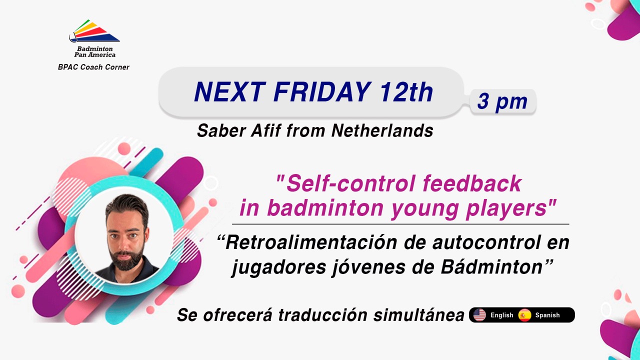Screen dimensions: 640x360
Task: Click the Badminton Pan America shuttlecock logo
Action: click(94, 31)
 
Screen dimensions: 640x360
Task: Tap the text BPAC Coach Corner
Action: click(93, 67)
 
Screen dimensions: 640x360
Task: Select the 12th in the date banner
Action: click(406, 91)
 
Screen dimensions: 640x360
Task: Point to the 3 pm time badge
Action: click(502, 101)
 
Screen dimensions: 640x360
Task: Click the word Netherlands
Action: click(382, 131)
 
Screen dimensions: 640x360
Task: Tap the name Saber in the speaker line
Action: click(221, 131)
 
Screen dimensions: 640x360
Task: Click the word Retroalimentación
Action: click(311, 242)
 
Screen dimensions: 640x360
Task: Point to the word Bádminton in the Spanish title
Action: click(491, 267)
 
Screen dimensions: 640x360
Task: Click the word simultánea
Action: click(419, 315)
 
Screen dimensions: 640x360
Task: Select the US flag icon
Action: click(479, 315)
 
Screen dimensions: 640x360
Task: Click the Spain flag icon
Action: click(524, 315)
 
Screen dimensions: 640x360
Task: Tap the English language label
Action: click(501, 315)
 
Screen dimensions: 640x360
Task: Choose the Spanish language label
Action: click(547, 315)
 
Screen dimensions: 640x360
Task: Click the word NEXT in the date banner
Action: click(229, 91)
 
